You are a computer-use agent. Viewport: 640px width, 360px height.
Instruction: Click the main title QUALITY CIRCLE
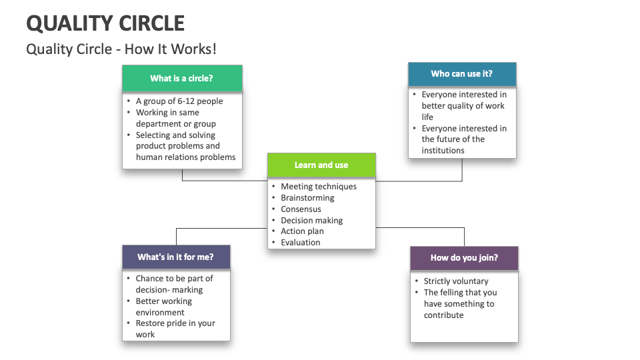(x=105, y=23)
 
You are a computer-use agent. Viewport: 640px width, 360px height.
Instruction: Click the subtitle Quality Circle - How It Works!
(x=121, y=49)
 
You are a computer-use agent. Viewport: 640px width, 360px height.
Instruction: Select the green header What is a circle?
(x=181, y=78)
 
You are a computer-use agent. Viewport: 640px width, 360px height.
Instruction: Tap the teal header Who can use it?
(x=461, y=74)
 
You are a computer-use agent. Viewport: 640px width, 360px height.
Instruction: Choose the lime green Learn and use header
(x=321, y=165)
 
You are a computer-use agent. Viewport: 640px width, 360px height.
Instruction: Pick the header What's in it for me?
(x=175, y=257)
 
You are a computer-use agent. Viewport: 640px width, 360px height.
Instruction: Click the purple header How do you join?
(x=464, y=257)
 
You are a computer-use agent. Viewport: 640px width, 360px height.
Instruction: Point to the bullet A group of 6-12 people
(x=179, y=101)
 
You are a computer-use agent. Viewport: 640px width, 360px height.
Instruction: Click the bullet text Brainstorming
(x=307, y=198)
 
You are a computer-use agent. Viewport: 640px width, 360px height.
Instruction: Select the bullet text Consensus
(x=301, y=209)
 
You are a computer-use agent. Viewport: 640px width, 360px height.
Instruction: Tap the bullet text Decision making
(x=311, y=221)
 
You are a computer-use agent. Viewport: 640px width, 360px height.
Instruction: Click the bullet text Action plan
(x=302, y=231)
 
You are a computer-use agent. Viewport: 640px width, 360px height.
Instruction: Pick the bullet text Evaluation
(x=300, y=243)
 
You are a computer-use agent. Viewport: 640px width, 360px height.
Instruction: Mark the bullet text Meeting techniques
(x=319, y=187)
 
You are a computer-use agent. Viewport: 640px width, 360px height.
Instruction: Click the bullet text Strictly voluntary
(x=456, y=281)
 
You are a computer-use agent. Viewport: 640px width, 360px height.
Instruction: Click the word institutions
(x=443, y=151)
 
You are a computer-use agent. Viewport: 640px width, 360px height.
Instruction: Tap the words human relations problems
(x=185, y=157)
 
